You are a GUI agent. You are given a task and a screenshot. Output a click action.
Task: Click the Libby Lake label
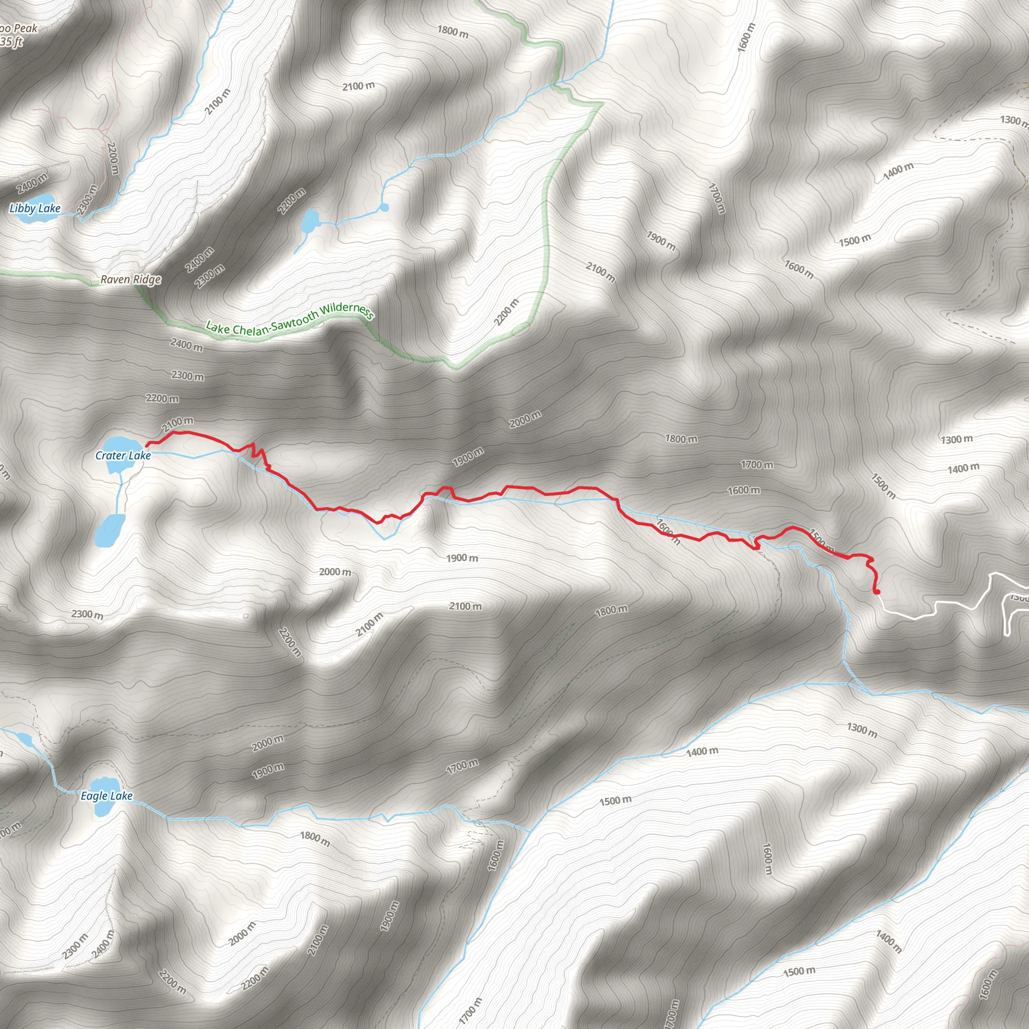pos(35,208)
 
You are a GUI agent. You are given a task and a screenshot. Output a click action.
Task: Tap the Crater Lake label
pos(123,455)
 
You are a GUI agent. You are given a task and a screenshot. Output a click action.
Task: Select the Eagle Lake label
pos(107,796)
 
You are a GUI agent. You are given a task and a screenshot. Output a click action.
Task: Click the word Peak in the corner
pos(26,29)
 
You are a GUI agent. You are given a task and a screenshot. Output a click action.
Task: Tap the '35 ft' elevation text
pos(12,42)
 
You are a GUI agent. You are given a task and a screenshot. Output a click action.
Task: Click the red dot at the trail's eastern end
pos(877,591)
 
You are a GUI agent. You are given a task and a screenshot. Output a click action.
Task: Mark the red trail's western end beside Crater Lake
pos(148,444)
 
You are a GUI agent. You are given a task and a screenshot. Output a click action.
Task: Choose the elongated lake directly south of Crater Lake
pos(110,531)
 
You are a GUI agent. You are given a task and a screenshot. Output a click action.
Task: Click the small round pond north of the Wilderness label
pos(384,207)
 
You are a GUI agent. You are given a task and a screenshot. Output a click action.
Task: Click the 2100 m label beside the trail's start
pos(178,424)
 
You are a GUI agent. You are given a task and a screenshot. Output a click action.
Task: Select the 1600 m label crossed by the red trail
pos(668,531)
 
